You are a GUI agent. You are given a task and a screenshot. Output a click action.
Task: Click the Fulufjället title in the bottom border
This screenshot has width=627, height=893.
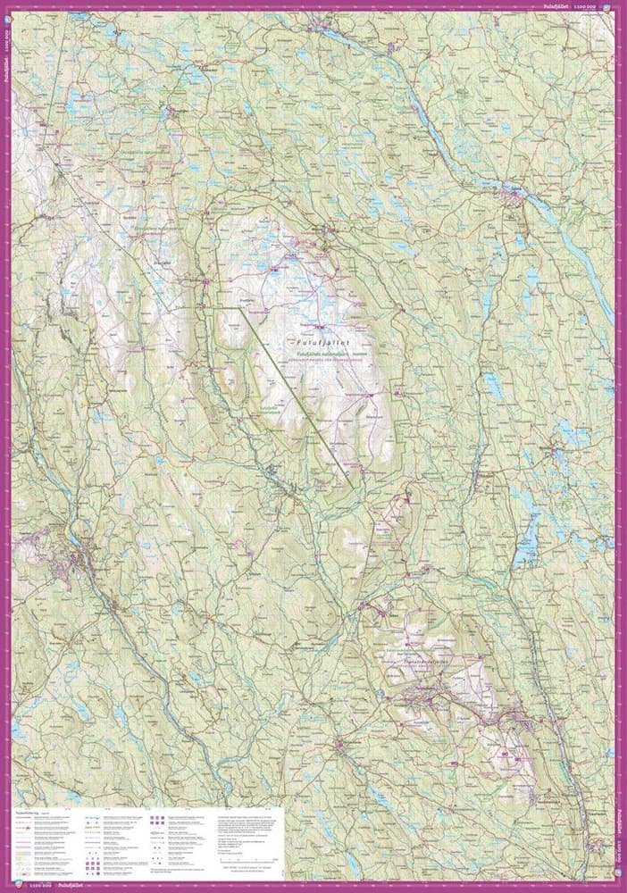pyautogui.click(x=70, y=887)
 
